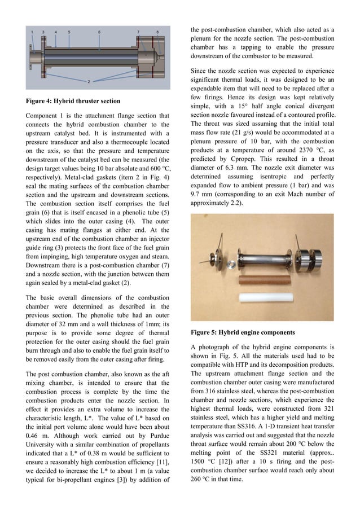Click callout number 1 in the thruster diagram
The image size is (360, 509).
[33, 32]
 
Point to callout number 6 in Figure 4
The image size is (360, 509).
[99, 32]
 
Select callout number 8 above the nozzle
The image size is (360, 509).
[157, 32]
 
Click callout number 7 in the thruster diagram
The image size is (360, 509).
[138, 32]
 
